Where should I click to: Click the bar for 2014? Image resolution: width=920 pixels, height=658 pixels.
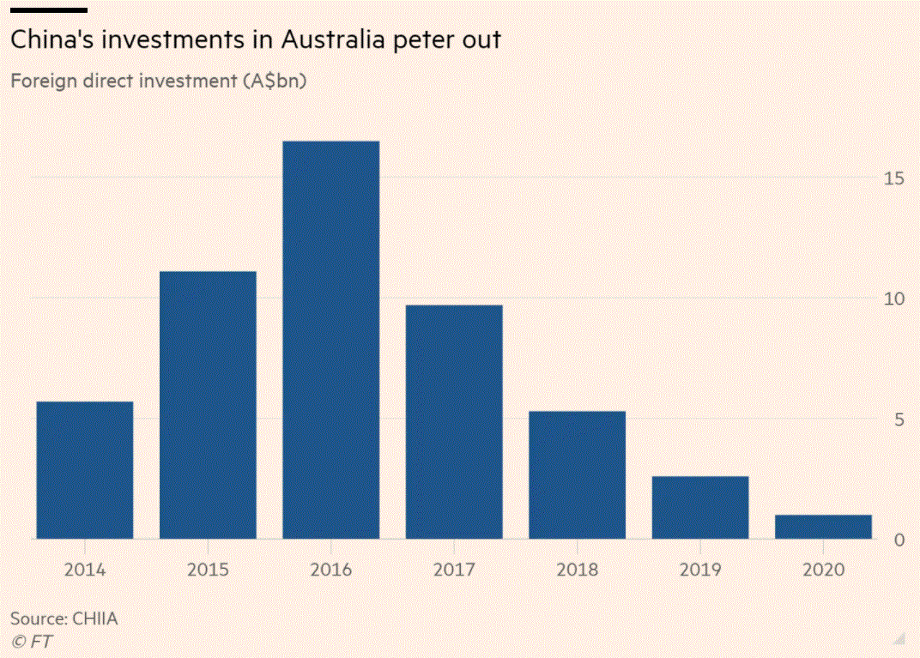[85, 470]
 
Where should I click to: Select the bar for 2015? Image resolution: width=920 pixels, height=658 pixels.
[208, 405]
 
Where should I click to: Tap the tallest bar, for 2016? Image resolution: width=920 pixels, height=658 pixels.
[330, 340]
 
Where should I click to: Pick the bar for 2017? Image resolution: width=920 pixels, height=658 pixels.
[454, 422]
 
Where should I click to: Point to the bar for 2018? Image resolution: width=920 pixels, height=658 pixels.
[577, 475]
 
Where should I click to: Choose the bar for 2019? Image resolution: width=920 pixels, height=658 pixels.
[700, 507]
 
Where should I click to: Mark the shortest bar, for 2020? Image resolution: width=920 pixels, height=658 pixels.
[823, 527]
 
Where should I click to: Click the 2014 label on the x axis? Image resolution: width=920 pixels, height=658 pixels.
[85, 570]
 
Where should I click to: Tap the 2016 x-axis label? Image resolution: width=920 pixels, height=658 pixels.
[330, 570]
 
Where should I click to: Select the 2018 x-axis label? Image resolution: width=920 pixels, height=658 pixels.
[577, 570]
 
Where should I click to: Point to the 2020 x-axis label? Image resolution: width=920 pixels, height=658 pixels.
[823, 570]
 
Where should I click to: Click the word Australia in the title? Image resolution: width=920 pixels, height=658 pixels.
[330, 39]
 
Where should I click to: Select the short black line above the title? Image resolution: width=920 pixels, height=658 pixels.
[48, 10]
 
